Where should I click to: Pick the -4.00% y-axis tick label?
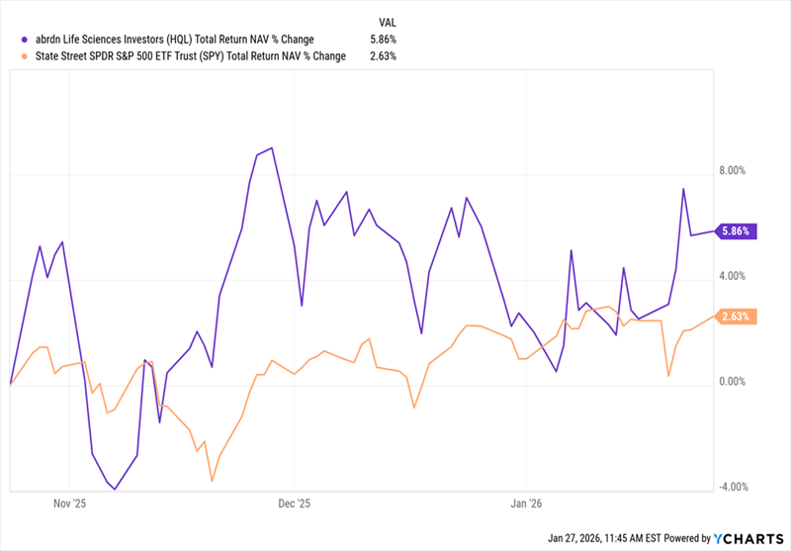(x=733, y=487)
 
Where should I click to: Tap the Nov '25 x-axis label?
(x=69, y=502)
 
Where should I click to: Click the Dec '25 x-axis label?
(x=296, y=502)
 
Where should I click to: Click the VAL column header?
(x=389, y=21)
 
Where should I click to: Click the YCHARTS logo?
(x=747, y=538)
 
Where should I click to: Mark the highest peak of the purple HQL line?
(x=272, y=148)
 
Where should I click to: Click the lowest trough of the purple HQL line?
(x=116, y=489)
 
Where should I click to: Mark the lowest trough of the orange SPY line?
(x=213, y=481)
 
